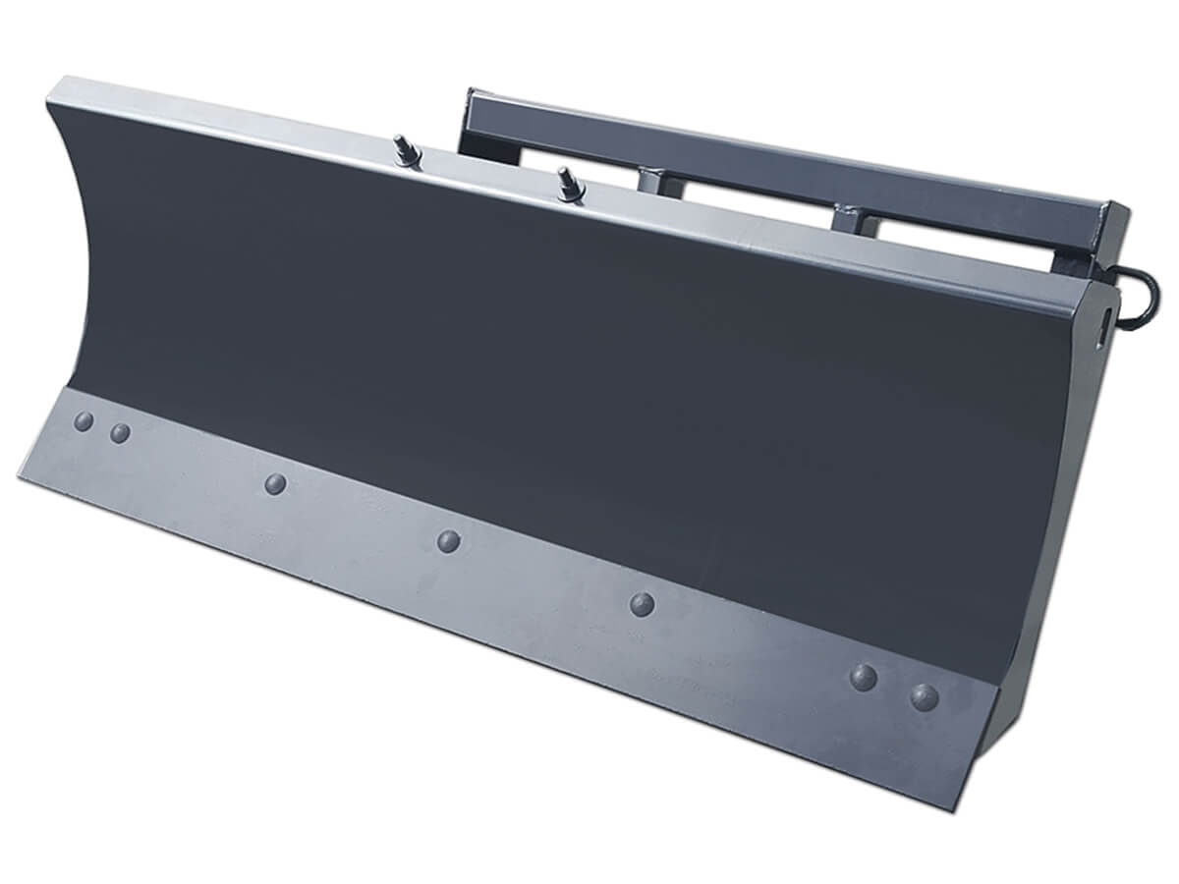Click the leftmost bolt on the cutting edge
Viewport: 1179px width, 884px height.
[x=84, y=420]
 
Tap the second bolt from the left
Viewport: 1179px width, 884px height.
[x=120, y=432]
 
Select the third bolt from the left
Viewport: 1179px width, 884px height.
[x=276, y=482]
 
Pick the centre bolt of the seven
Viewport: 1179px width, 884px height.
[x=449, y=539]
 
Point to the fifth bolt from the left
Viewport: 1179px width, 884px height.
[x=643, y=603]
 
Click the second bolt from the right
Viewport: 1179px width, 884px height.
[x=864, y=676]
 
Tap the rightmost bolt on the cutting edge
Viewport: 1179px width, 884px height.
[x=924, y=695]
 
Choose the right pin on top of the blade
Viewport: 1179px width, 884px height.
[x=568, y=182]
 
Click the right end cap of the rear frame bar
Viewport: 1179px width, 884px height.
[x=1115, y=228]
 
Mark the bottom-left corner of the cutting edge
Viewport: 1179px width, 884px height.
[x=22, y=475]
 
